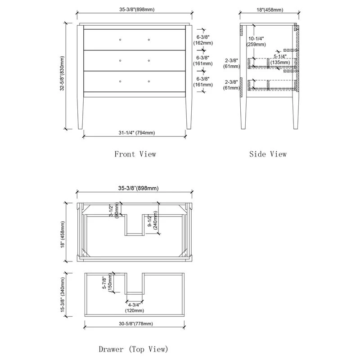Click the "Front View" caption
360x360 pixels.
135,154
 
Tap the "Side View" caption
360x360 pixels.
268,154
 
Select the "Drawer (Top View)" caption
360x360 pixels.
133,349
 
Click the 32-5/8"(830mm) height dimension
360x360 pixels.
62,73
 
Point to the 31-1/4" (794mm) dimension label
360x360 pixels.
137,133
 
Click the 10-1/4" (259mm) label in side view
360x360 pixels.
256,41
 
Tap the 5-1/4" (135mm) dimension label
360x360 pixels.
280,59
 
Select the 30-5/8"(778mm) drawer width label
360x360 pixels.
136,324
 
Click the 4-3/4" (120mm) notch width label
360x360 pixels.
134,308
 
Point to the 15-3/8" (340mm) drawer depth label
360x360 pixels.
63,295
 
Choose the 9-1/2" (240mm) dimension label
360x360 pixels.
153,220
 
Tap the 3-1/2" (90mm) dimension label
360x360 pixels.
114,210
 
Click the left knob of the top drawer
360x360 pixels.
120,40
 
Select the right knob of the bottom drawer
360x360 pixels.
149,81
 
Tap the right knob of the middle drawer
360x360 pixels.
149,61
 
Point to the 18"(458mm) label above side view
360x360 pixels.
270,9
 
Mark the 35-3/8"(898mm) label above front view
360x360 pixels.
137,9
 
